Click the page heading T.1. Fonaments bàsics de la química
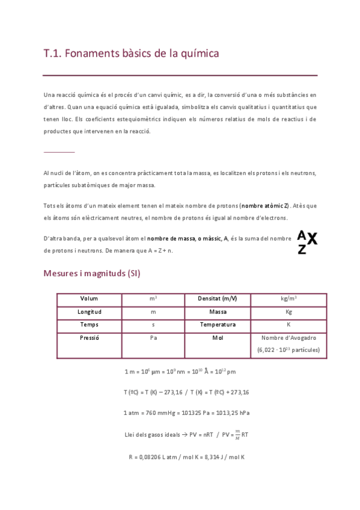131,54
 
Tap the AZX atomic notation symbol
307,242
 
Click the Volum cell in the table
89,299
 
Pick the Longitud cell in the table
89,312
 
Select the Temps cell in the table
89,325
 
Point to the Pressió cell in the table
89,338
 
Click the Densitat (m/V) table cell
217,299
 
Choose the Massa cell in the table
217,312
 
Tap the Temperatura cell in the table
217,325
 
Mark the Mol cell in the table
217,338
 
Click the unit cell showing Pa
153,338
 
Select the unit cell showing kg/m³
288,299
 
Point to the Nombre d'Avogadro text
288,338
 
